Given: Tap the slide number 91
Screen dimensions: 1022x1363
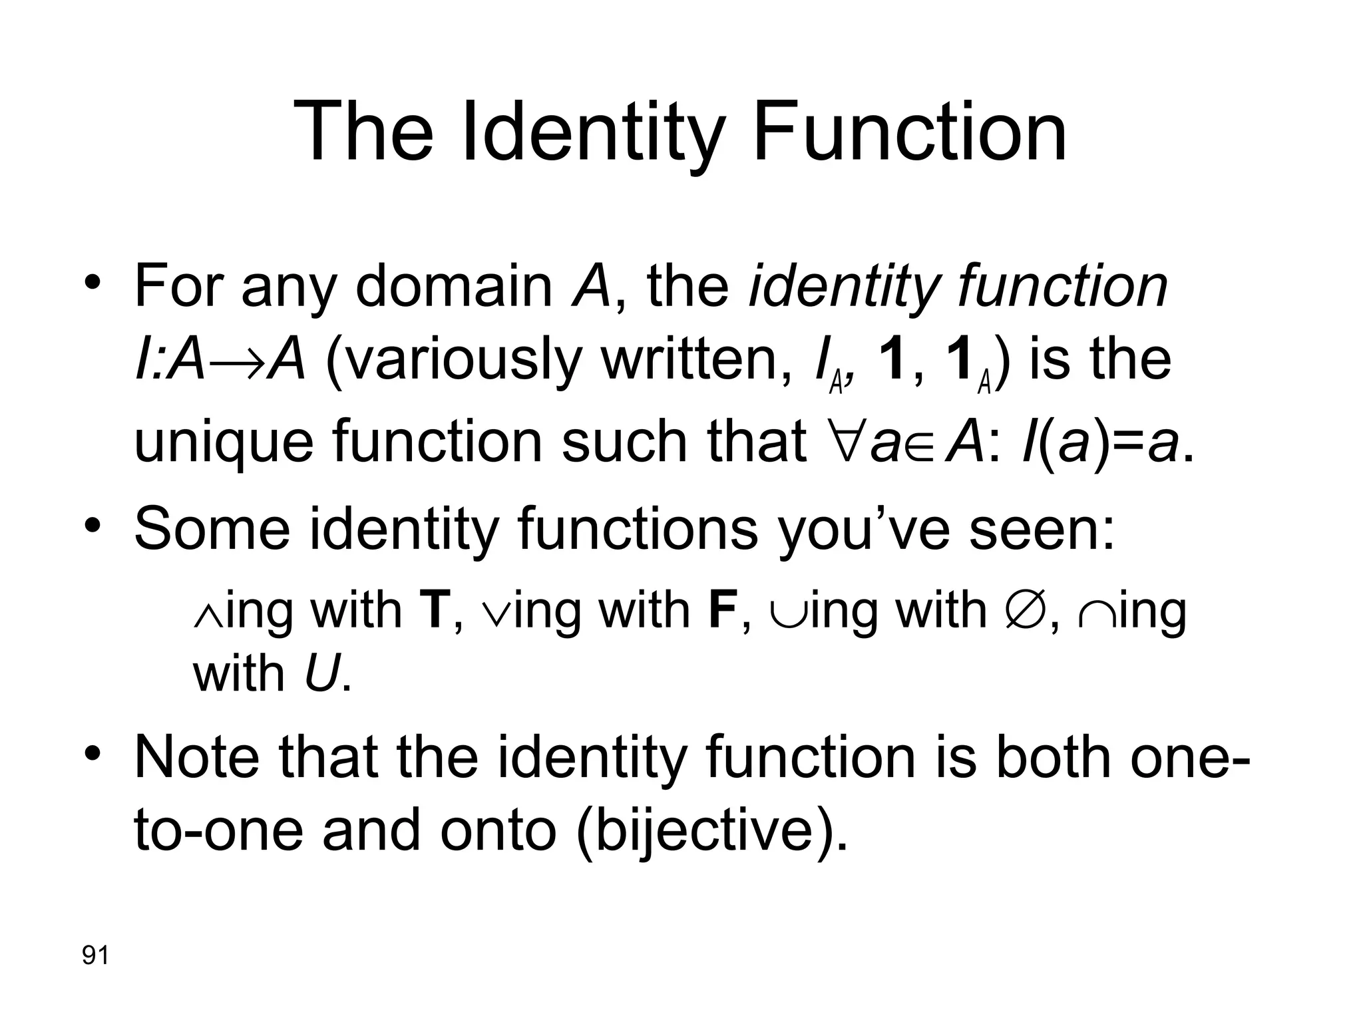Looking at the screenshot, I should [x=95, y=955].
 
